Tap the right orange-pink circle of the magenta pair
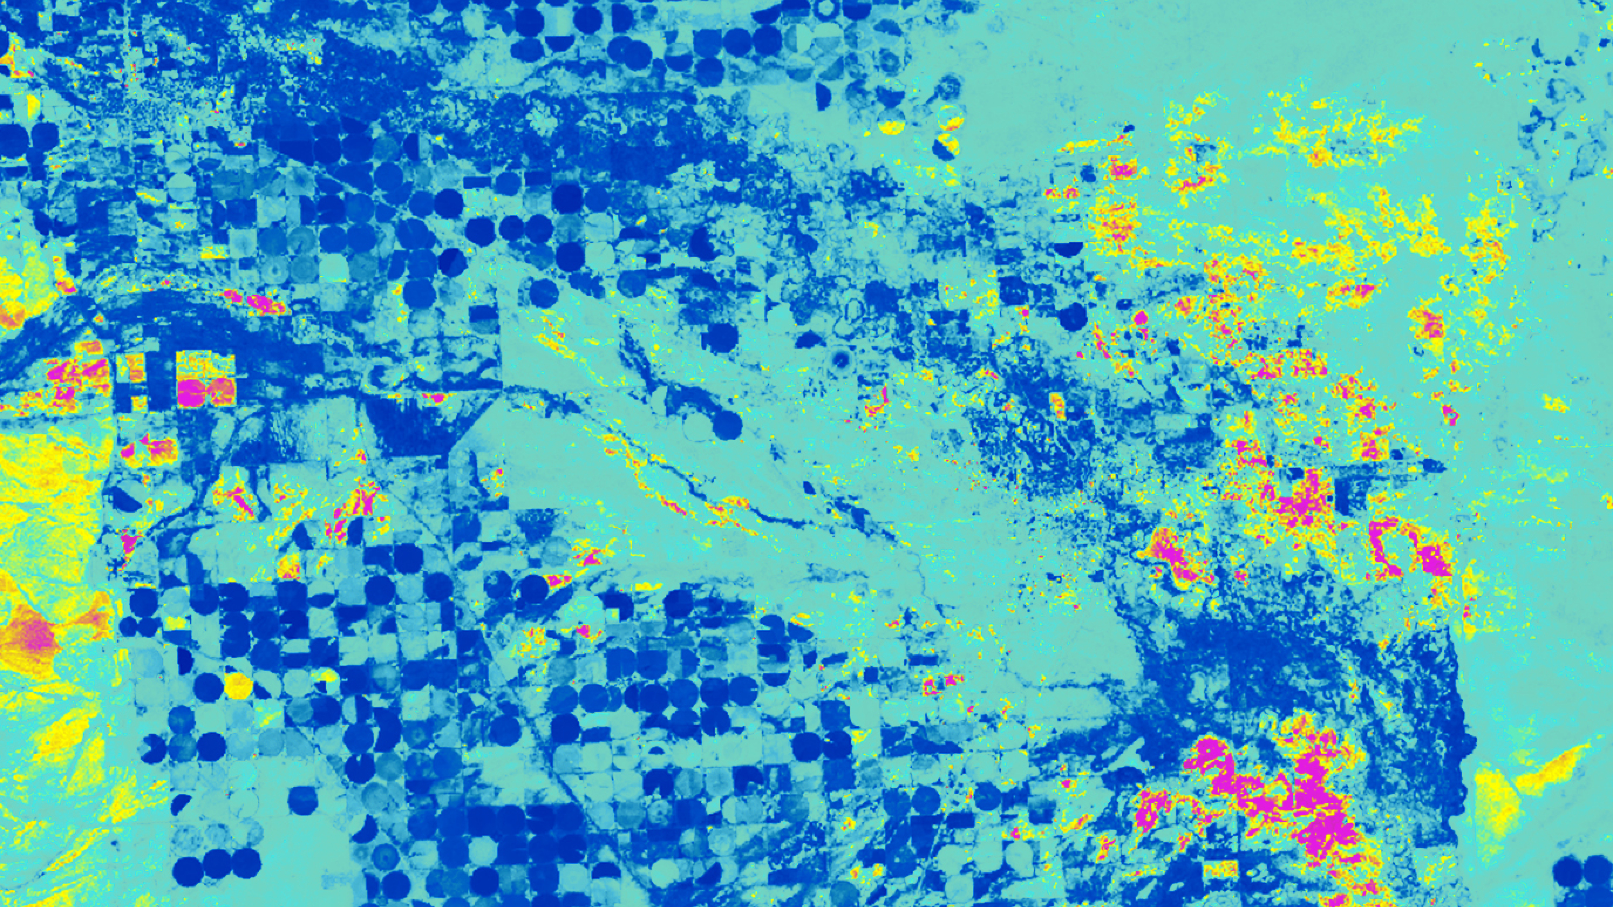tap(220, 392)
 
